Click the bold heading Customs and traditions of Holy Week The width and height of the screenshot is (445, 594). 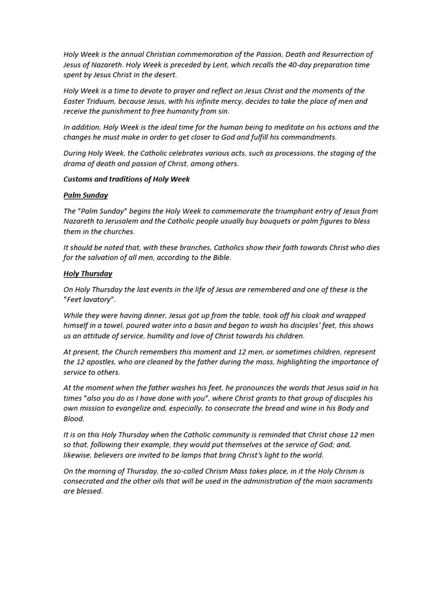[127, 179]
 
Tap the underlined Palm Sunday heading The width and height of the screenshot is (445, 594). [86, 195]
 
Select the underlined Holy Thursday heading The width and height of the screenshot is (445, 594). [88, 273]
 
